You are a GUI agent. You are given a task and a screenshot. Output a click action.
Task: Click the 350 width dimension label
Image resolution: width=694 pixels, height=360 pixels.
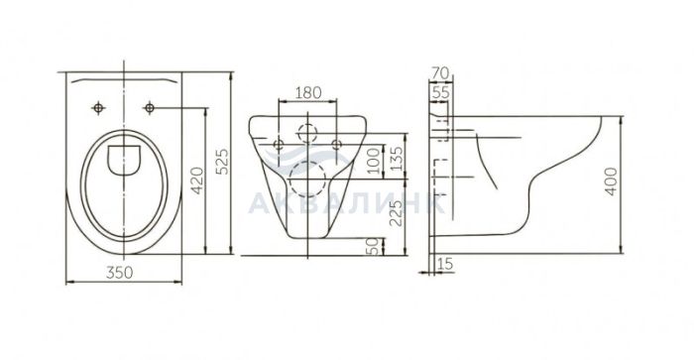coord(119,273)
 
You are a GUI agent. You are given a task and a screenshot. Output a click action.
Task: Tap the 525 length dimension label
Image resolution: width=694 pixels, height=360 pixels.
coord(223,162)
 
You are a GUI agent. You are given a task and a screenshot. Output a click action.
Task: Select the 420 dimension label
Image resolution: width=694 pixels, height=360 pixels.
coord(197,180)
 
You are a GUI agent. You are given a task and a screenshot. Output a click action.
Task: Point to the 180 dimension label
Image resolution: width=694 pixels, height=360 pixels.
coord(308,93)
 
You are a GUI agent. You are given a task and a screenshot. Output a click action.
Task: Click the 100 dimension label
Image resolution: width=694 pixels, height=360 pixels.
coord(374,161)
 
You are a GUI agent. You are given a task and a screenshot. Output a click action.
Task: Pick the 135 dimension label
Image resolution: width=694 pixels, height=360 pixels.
coord(397,159)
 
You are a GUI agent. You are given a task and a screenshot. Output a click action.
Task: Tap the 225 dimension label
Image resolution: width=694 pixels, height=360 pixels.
coord(397,213)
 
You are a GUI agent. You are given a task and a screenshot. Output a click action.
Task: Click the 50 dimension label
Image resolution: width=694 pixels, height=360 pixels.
coord(374,247)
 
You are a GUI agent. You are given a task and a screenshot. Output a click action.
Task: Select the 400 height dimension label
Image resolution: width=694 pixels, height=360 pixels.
coord(611,181)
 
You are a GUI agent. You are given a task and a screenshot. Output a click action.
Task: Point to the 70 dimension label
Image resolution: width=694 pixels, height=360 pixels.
coord(440,73)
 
